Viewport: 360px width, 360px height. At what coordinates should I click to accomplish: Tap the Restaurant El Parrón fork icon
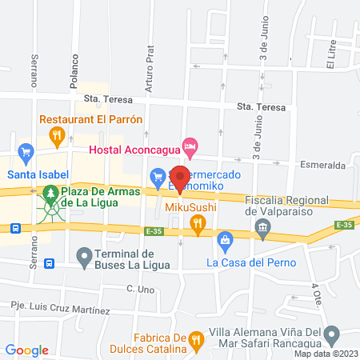[x=56, y=136]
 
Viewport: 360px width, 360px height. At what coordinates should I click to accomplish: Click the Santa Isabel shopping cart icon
[x=26, y=150]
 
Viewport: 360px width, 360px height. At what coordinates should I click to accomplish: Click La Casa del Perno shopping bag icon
[x=226, y=239]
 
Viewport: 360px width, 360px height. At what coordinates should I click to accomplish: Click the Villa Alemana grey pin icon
[x=337, y=333]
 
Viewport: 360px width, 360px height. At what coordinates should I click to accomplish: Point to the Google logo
[x=27, y=350]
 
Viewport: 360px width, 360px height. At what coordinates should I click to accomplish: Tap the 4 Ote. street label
[x=314, y=292]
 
